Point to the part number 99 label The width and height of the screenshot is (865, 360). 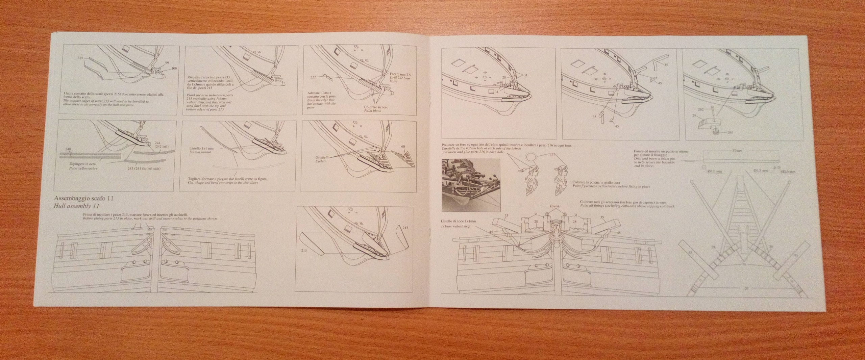click(167, 63)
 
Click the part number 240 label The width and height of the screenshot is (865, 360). click(65, 149)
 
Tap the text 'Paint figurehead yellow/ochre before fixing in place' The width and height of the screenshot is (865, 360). click(612, 186)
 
